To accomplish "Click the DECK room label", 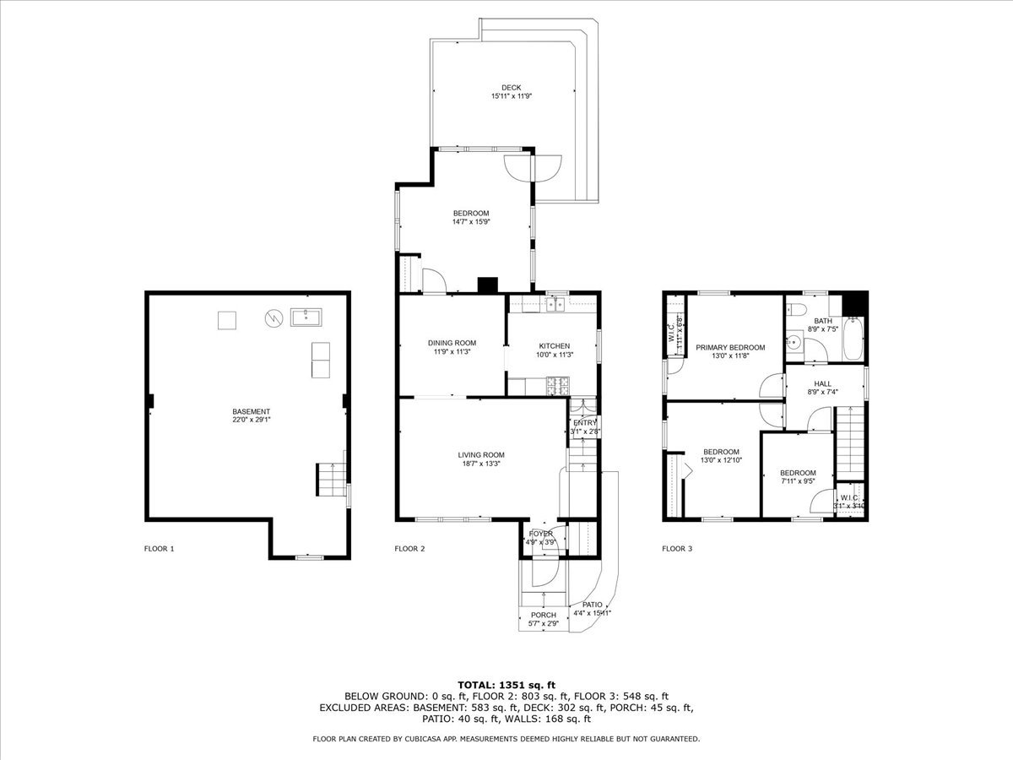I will click(511, 87).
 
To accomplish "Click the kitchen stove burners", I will click(556, 387).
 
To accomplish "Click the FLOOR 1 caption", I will click(159, 549).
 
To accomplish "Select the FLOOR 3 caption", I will click(677, 549).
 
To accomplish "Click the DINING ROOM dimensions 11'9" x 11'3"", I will click(452, 352).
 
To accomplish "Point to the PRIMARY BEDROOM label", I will click(730, 347).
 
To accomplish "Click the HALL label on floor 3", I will click(822, 383).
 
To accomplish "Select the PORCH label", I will click(544, 615).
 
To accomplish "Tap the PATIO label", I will click(593, 605).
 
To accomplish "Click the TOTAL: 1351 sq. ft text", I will click(506, 685).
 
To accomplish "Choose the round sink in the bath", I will click(794, 343).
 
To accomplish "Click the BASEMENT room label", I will click(252, 411).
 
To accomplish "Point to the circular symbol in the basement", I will click(273, 318).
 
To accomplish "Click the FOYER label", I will click(541, 534).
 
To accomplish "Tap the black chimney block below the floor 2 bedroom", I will click(488, 285).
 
